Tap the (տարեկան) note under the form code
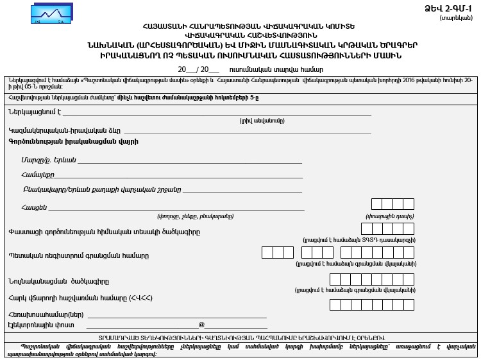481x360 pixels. pyautogui.click(x=458, y=18)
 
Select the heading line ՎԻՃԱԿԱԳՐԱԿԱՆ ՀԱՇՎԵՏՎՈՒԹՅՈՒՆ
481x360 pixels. pyautogui.click(x=240, y=35)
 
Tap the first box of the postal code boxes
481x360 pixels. pyautogui.click(x=377, y=205)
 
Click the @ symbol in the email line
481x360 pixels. pyautogui.click(x=201, y=325)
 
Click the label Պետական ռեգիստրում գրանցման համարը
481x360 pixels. pyautogui.click(x=78, y=255)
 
